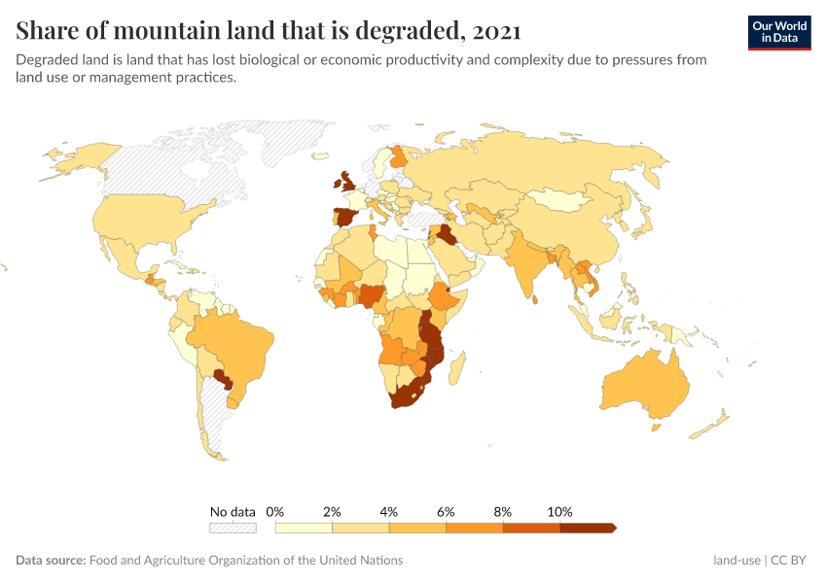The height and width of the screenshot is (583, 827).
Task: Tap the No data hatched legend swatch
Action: click(233, 528)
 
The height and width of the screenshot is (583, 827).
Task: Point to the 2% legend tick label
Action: click(333, 511)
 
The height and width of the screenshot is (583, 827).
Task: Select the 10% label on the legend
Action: click(560, 511)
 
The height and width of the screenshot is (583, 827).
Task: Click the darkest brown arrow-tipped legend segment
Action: click(588, 528)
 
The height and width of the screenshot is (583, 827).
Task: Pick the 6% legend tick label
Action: click(447, 511)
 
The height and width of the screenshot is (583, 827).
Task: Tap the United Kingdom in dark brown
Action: click(344, 181)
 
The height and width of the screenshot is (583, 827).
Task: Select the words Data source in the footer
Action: click(50, 560)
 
